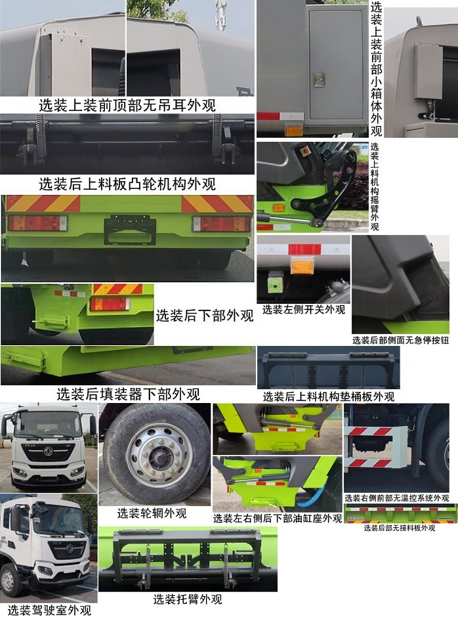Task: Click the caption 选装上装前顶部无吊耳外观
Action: click(127, 104)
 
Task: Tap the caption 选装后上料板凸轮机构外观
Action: click(127, 184)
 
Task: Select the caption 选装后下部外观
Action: click(204, 315)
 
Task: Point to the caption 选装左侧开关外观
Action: click(303, 309)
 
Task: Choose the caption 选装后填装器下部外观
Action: click(128, 394)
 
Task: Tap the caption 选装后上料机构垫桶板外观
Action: click(328, 396)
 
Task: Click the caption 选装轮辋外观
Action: click(152, 513)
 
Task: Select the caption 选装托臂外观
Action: click(188, 599)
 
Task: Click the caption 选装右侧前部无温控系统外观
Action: click(396, 498)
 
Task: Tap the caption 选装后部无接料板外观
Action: click(400, 528)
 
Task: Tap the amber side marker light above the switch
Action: click(303, 265)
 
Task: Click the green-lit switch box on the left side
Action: click(274, 284)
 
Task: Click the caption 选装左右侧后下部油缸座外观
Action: click(278, 518)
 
